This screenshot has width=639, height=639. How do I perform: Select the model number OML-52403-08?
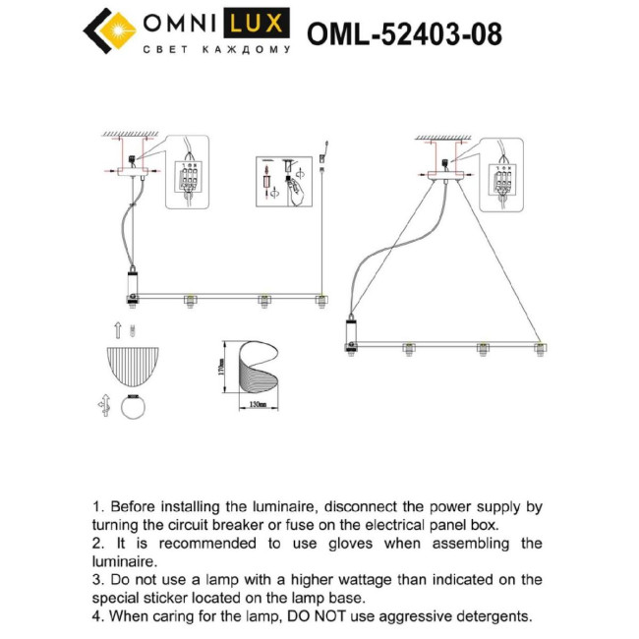404,34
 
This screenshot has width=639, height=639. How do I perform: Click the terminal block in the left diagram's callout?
190,180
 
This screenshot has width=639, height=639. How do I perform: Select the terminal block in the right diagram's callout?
502,179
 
